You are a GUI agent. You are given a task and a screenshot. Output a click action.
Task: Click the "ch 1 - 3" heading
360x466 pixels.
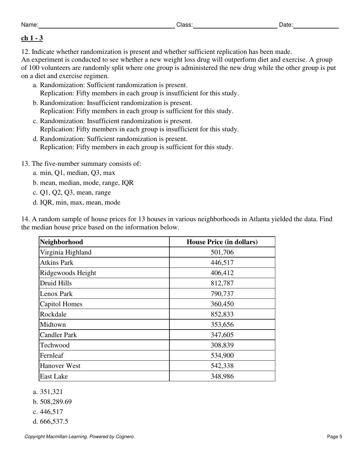pos(32,38)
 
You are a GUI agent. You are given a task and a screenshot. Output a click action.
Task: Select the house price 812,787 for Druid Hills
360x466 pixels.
pos(222,283)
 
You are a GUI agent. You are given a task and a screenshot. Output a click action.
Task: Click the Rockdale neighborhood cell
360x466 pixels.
pos(53,314)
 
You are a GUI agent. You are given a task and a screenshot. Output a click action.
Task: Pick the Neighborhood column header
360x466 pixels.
pos(61,242)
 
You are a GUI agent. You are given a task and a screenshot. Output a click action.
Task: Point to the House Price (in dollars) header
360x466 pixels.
pos(222,242)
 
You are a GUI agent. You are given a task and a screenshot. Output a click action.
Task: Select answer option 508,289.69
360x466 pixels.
pos(55,402)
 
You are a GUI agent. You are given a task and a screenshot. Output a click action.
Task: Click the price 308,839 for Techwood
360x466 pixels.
pos(222,345)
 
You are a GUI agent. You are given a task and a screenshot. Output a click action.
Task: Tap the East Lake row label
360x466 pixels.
pos(54,376)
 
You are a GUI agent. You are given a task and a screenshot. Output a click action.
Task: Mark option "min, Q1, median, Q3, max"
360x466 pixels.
pos(77,173)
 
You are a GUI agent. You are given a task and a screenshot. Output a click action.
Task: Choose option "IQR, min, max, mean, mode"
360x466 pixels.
pos(80,202)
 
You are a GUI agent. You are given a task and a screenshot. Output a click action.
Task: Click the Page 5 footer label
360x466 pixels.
pos(335,437)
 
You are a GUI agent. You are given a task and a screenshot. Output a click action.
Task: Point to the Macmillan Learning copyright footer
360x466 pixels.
pos(80,437)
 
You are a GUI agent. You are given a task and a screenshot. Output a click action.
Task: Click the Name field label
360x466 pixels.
pos(30,25)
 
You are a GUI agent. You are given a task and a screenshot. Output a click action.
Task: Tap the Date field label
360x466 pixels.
pos(286,25)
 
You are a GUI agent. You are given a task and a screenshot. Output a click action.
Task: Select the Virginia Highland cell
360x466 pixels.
pos(66,252)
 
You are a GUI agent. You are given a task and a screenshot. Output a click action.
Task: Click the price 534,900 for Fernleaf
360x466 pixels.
pos(222,356)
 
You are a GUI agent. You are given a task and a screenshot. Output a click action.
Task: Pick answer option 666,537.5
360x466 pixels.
pos(54,422)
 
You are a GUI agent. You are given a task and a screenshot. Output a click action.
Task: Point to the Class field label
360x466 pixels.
pos(185,25)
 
